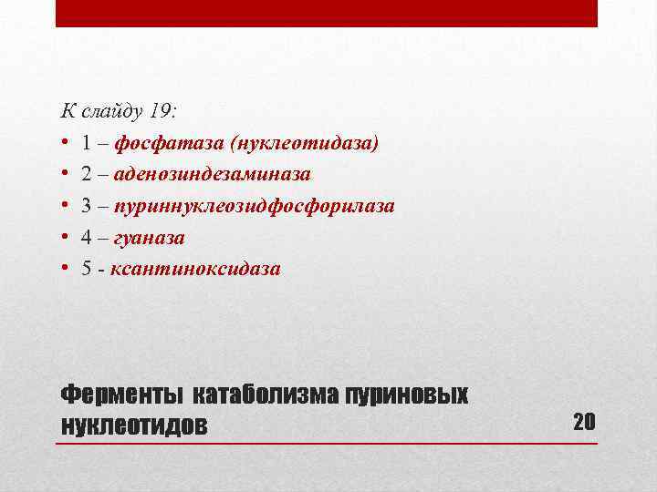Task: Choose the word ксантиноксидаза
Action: pyautogui.click(x=195, y=269)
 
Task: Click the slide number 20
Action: pyautogui.click(x=584, y=421)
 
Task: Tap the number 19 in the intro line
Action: pyautogui.click(x=161, y=112)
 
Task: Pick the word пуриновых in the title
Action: pyautogui.click(x=407, y=396)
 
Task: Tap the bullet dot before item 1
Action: pyautogui.click(x=66, y=144)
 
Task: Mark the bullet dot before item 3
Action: pyautogui.click(x=66, y=206)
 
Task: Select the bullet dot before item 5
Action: pyautogui.click(x=66, y=269)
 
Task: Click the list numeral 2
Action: pyautogui.click(x=85, y=175)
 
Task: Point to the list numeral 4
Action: pyautogui.click(x=85, y=238)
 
